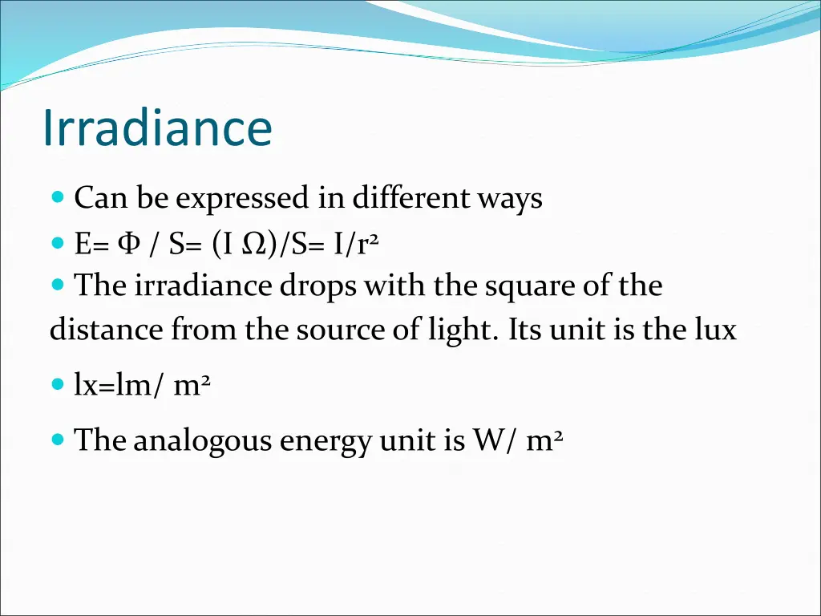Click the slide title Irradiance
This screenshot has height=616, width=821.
click(x=157, y=128)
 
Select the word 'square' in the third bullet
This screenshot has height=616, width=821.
click(x=531, y=287)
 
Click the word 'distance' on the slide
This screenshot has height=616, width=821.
click(x=107, y=330)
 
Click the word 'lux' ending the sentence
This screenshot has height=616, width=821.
click(x=714, y=330)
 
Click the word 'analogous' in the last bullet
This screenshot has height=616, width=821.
click(x=203, y=441)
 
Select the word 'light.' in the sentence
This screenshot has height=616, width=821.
click(x=463, y=330)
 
